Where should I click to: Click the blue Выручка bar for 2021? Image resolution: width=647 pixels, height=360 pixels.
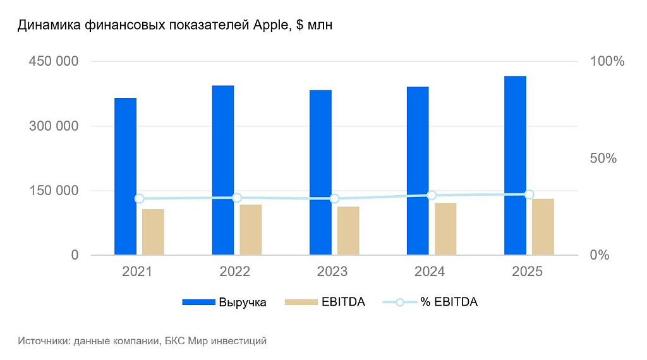[125, 177]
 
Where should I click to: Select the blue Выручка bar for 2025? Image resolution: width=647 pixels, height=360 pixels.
[515, 165]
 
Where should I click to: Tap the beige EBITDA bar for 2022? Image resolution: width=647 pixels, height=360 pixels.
[250, 229]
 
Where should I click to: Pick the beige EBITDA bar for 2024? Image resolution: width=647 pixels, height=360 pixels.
[445, 229]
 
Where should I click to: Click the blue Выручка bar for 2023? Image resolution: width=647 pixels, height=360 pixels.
[320, 172]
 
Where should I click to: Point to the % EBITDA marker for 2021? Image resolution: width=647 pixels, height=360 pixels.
[140, 198]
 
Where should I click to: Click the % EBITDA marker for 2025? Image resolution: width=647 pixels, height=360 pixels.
[529, 195]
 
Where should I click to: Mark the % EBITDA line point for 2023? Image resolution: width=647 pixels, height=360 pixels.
[334, 198]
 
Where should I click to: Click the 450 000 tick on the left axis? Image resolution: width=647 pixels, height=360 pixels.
[54, 61]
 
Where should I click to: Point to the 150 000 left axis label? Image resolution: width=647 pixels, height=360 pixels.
[54, 190]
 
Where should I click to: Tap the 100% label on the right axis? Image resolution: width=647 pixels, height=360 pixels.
[607, 61]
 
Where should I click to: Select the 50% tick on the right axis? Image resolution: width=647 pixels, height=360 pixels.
[603, 158]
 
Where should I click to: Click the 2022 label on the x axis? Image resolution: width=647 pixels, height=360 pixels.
[235, 272]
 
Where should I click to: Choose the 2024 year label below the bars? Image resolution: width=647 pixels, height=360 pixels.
[430, 272]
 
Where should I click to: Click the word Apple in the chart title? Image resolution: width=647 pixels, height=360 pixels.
[271, 26]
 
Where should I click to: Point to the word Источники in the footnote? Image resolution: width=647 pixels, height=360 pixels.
[44, 341]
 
